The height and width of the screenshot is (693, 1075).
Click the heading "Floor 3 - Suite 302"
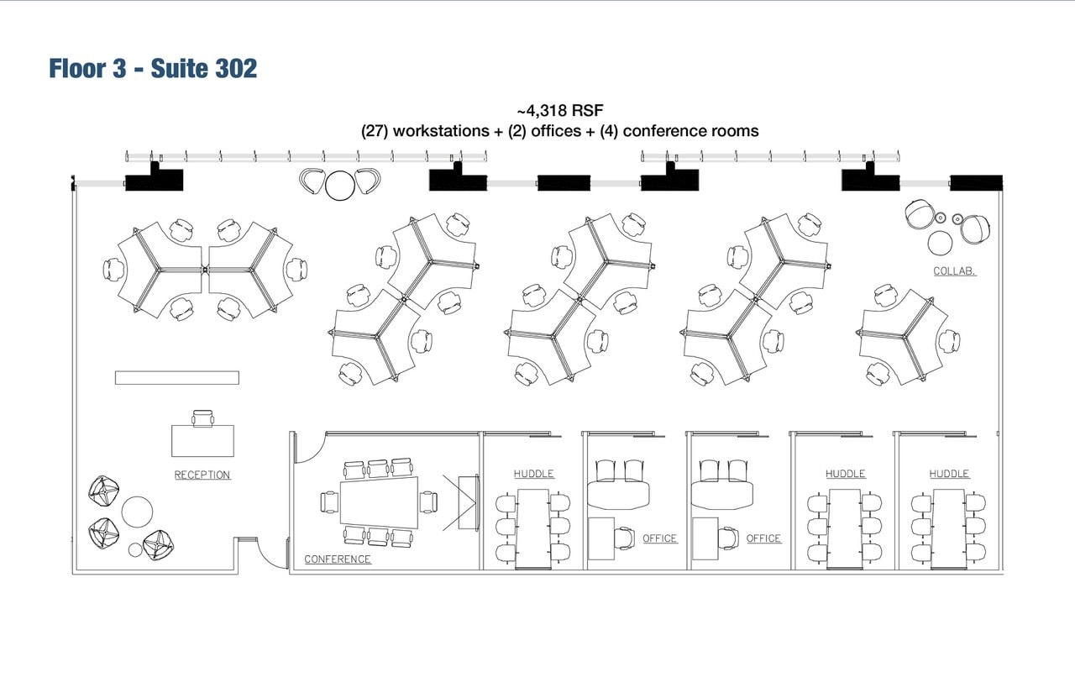click(153, 68)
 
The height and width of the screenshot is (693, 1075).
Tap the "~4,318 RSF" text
click(560, 111)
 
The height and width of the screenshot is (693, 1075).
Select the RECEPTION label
click(202, 475)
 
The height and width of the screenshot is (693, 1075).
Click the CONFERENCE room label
click(338, 559)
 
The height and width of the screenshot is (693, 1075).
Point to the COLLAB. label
click(954, 271)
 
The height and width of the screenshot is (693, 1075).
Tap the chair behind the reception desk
click(202, 417)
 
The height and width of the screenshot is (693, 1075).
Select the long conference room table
click(379, 501)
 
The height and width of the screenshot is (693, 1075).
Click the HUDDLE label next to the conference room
click(534, 474)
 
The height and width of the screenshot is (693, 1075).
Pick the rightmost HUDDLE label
click(949, 474)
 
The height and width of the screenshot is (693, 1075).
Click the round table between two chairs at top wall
click(340, 185)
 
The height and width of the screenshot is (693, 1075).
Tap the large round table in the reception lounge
click(137, 511)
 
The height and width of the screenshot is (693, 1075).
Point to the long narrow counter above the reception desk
click(176, 378)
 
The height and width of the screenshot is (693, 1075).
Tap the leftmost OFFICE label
click(659, 538)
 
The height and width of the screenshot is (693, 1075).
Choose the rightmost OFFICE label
click(763, 538)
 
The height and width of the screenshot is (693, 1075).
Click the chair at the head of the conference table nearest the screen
click(428, 501)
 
